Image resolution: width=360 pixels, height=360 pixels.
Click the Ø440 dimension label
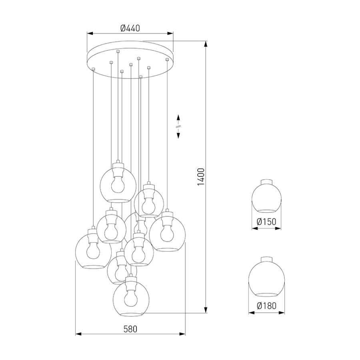point(130,28)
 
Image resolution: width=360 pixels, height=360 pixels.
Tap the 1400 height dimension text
point(201,177)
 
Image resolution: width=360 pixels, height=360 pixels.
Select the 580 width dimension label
point(130,329)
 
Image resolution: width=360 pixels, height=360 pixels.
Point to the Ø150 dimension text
point(266,222)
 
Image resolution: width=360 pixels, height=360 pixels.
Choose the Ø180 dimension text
point(266,306)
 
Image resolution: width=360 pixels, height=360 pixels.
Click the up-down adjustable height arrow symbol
point(178,126)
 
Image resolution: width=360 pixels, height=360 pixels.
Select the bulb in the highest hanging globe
point(118,184)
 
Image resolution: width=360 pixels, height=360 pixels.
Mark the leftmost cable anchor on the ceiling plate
point(93,69)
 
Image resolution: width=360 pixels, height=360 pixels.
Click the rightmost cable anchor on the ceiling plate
point(167,60)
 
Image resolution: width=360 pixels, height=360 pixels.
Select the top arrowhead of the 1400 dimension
point(206,44)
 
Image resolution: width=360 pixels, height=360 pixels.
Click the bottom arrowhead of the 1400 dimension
point(206,310)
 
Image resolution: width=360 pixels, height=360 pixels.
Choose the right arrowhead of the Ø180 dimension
point(282,313)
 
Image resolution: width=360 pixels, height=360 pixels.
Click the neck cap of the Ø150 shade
point(266,182)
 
